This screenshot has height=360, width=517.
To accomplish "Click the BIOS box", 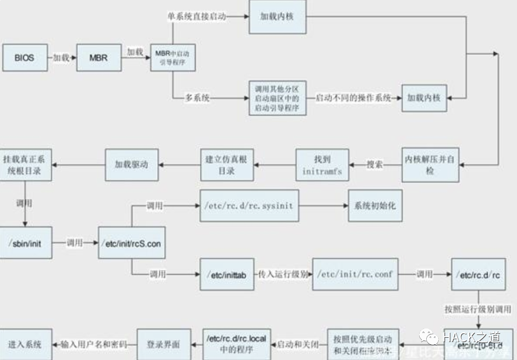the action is pyautogui.click(x=24, y=57).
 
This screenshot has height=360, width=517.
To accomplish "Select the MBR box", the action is pyautogui.click(x=98, y=57).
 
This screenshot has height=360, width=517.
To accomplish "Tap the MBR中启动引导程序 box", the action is pyautogui.click(x=172, y=57).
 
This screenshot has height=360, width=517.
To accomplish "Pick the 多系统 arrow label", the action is pyautogui.click(x=197, y=98).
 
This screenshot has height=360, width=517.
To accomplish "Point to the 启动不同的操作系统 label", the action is pyautogui.click(x=353, y=98).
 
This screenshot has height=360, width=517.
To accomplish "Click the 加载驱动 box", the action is pyautogui.click(x=131, y=164).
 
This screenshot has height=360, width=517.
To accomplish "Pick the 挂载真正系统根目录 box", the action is pyautogui.click(x=25, y=164).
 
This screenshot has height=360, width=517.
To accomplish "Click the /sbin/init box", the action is pyautogui.click(x=26, y=243).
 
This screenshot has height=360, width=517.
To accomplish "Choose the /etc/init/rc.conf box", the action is pyautogui.click(x=355, y=275).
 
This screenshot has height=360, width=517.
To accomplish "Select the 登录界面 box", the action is pyautogui.click(x=164, y=345).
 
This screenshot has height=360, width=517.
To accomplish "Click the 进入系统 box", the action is pyautogui.click(x=26, y=345).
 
